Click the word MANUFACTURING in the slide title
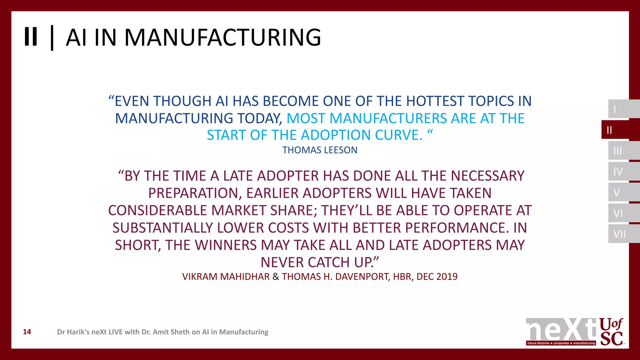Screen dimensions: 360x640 [223, 37]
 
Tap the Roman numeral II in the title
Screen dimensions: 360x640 [31, 37]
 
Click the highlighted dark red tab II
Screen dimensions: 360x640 [617, 130]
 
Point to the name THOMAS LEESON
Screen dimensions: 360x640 [320, 150]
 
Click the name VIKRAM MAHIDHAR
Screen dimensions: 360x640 [226, 277]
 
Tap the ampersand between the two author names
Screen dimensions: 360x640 [276, 277]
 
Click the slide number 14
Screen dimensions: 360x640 [27, 332]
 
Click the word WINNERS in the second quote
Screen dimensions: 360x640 [226, 245]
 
